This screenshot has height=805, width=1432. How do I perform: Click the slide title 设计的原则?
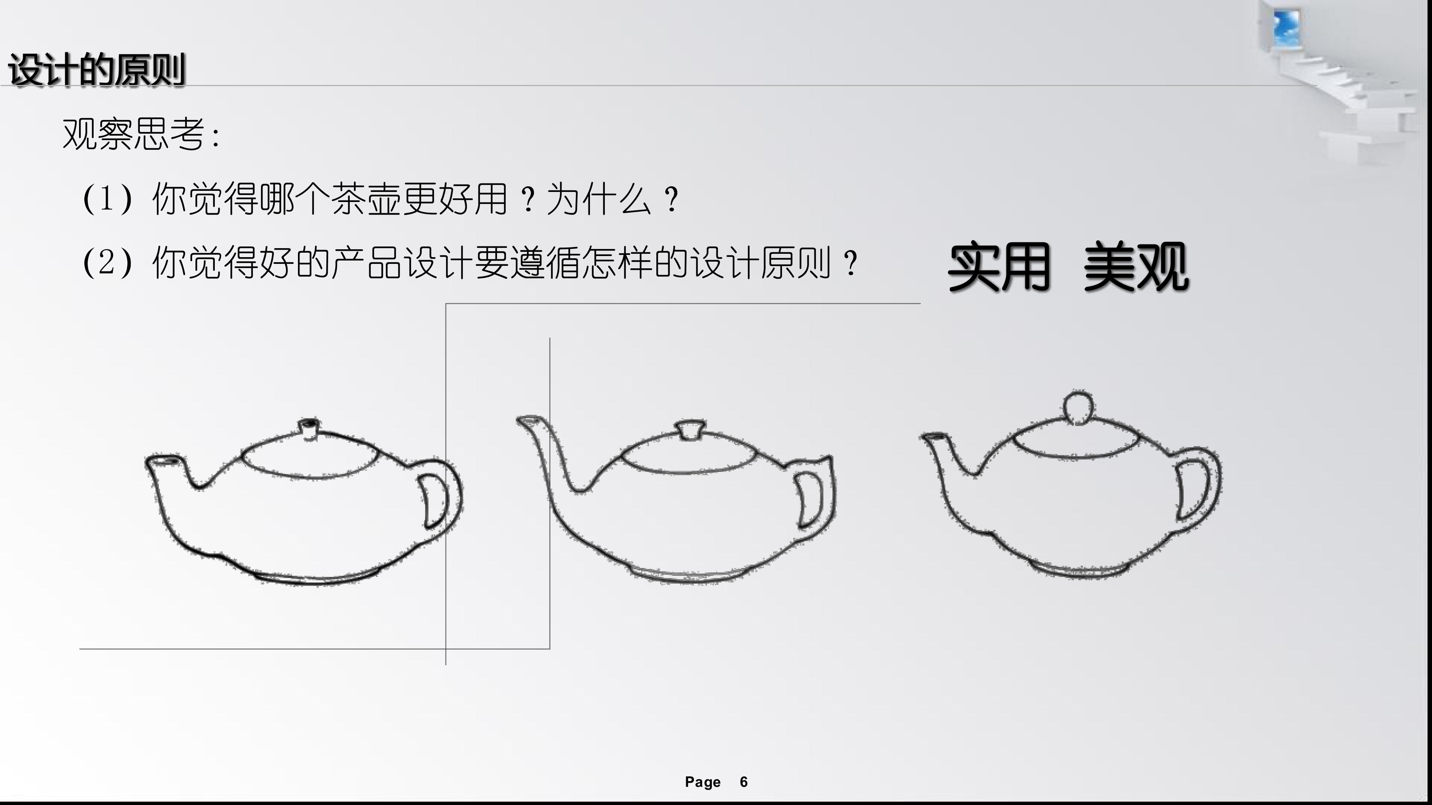[x=96, y=70]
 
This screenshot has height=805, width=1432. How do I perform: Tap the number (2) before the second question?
[x=107, y=262]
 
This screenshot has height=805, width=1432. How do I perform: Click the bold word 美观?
[x=1136, y=267]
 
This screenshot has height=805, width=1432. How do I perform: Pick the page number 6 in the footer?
[x=744, y=782]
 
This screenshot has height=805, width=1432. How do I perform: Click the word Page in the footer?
[x=703, y=782]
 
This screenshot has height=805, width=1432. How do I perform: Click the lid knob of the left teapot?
[x=309, y=428]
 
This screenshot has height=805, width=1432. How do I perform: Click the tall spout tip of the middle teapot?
[x=527, y=420]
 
